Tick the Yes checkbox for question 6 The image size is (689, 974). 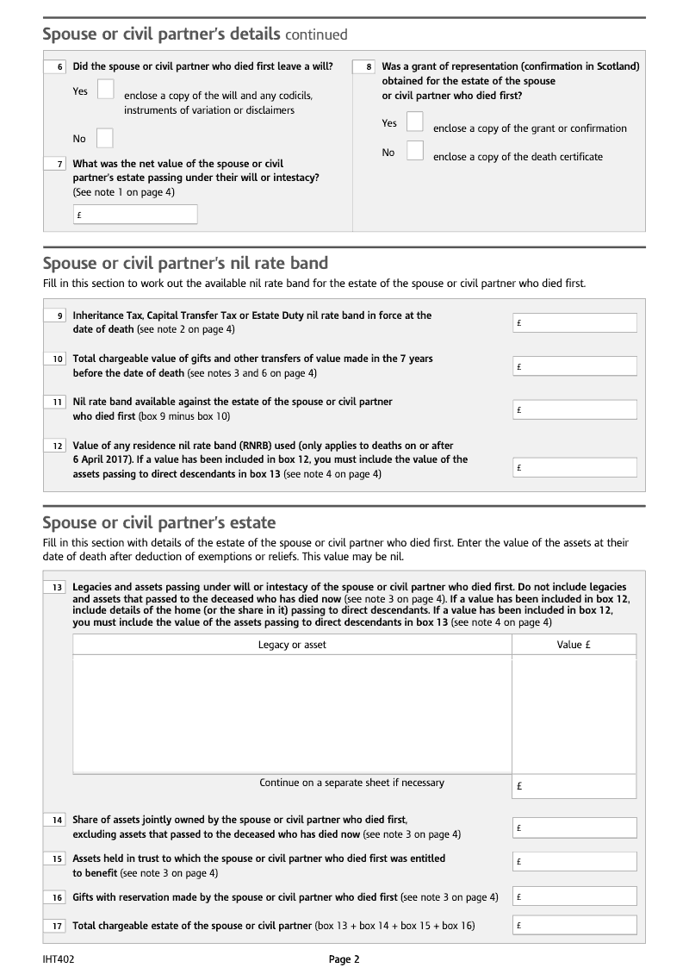pos(106,89)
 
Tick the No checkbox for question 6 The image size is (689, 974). pos(105,138)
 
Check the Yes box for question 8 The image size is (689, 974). pos(415,122)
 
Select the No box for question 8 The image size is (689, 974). pos(415,151)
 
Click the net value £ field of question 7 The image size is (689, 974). pos(135,215)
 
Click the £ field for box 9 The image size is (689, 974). pos(574,322)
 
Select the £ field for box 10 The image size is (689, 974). pos(574,366)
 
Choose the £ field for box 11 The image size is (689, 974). pos(574,409)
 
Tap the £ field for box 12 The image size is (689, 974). pos(574,468)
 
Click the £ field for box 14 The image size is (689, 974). pos(574,827)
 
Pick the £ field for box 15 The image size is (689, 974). pos(574,861)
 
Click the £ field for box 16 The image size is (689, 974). pos(574,897)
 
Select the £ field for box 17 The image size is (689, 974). pos(574,926)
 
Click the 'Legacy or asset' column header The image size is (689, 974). pos(292,645)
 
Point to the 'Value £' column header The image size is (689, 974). pos(573,645)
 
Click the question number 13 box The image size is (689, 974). pos(56,587)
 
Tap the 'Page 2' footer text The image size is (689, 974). pos(344,958)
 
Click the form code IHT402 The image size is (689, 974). pos(59,958)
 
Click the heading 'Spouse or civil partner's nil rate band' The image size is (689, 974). pos(185,263)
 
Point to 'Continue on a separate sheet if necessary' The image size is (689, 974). pos(351,783)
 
